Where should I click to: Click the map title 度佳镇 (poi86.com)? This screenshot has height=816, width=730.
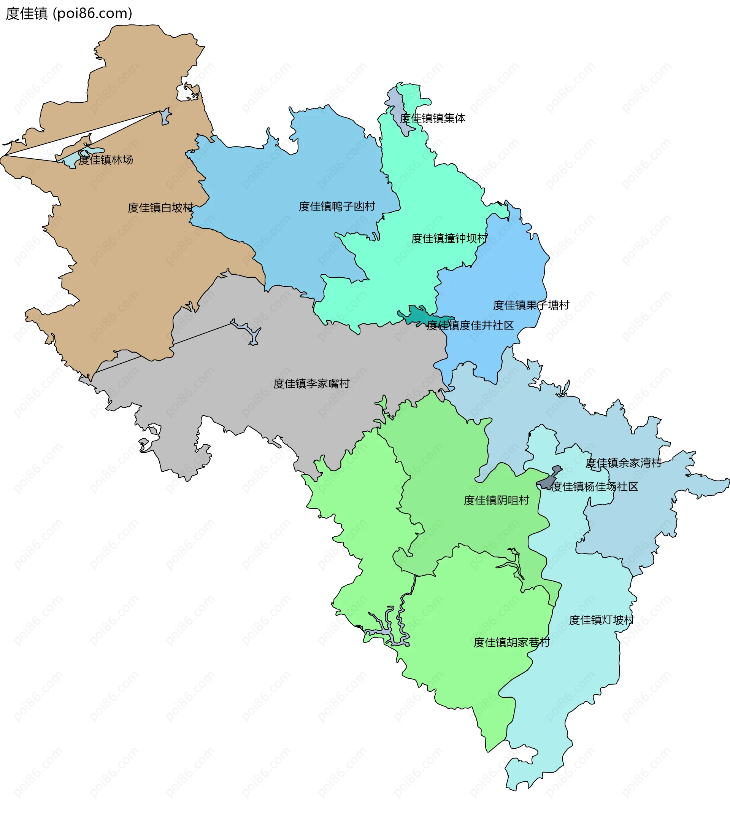click(68, 14)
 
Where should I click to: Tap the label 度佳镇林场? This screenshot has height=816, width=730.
click(105, 160)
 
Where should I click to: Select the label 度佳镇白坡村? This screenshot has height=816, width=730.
click(160, 207)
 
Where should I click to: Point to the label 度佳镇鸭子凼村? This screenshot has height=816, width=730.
click(336, 206)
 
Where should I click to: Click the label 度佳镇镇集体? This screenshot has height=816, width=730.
click(432, 118)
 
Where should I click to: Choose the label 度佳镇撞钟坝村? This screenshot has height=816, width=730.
click(449, 239)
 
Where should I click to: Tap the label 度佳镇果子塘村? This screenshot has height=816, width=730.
click(531, 305)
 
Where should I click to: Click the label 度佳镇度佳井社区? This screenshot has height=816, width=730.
click(470, 325)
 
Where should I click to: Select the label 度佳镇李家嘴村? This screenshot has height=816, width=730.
click(311, 383)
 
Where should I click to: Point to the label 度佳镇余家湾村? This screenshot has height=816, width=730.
click(623, 463)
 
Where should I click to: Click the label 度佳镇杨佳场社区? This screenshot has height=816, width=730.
click(594, 487)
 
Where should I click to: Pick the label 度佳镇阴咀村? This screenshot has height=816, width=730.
click(496, 500)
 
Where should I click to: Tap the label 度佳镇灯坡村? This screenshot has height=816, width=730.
click(601, 620)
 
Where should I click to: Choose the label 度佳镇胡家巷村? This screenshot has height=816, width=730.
click(511, 642)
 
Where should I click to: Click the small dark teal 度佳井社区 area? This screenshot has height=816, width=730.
click(417, 315)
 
